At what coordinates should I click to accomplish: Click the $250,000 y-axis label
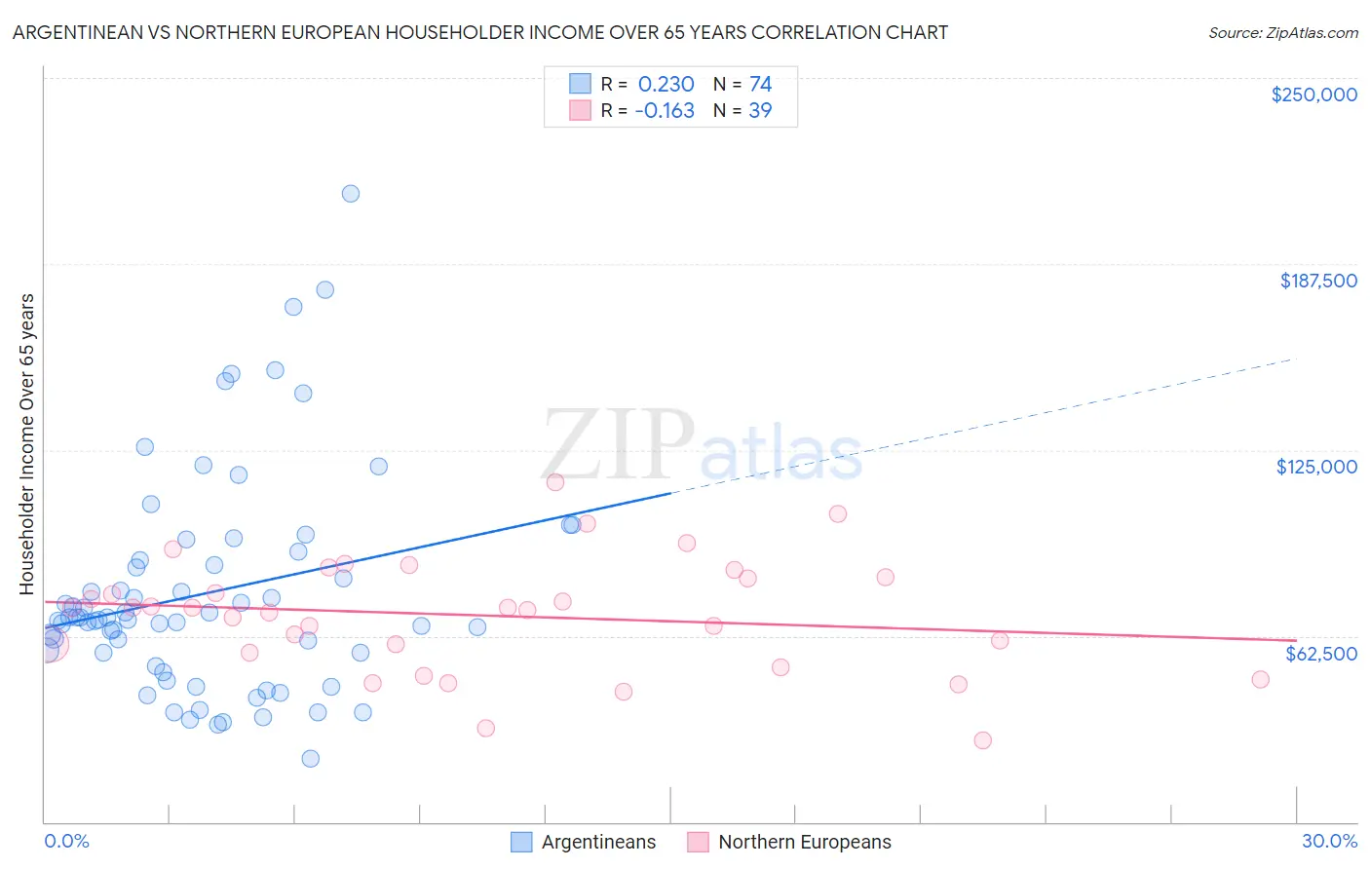(x=1313, y=94)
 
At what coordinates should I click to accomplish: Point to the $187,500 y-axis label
(x=1317, y=281)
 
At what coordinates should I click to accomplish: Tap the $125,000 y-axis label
(x=1316, y=467)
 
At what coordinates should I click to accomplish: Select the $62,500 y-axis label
(x=1320, y=654)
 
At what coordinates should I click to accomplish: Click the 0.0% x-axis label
(x=66, y=841)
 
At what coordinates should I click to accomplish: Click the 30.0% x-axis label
(x=1329, y=841)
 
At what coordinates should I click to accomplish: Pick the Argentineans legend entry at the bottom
(x=584, y=842)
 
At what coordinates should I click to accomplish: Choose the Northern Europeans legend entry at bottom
(x=789, y=842)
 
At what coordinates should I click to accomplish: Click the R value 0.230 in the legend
(x=666, y=84)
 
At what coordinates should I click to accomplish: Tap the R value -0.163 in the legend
(x=664, y=111)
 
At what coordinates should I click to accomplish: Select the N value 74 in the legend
(x=760, y=84)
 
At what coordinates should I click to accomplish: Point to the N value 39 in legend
(x=760, y=111)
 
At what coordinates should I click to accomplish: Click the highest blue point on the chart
(x=351, y=194)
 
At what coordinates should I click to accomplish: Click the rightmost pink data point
(x=1260, y=679)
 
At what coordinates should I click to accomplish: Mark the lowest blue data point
(x=311, y=758)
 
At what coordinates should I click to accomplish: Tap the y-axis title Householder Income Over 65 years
(x=27, y=444)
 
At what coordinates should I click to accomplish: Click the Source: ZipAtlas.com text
(x=1282, y=33)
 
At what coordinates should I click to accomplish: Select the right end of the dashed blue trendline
(x=1295, y=359)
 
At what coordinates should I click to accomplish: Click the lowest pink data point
(x=982, y=740)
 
